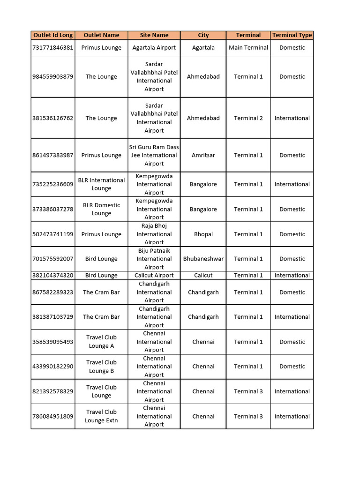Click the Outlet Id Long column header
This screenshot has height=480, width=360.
(53, 35)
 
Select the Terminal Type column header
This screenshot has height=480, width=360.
(292, 35)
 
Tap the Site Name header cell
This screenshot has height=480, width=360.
(154, 35)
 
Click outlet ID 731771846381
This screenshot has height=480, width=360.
(53, 47)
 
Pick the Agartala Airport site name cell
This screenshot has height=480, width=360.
(154, 47)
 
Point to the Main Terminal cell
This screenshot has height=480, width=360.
(248, 47)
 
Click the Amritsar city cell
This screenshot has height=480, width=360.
(203, 155)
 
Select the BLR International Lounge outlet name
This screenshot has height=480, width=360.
(101, 184)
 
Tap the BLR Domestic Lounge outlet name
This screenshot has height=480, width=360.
(101, 209)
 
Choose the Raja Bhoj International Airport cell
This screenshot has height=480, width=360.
(154, 234)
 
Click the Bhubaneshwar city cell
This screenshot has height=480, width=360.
(203, 259)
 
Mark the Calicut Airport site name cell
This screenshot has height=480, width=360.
(154, 276)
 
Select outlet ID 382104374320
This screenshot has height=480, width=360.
(53, 276)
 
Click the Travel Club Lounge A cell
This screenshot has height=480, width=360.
(101, 342)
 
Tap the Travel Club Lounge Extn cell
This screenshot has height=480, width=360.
(101, 416)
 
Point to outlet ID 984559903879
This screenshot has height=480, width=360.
(53, 76)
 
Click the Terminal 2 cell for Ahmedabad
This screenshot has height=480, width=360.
(248, 118)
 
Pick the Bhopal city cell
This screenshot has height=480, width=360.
(203, 234)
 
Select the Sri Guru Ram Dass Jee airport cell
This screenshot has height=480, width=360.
(154, 155)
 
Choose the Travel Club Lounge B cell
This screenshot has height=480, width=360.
(101, 367)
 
